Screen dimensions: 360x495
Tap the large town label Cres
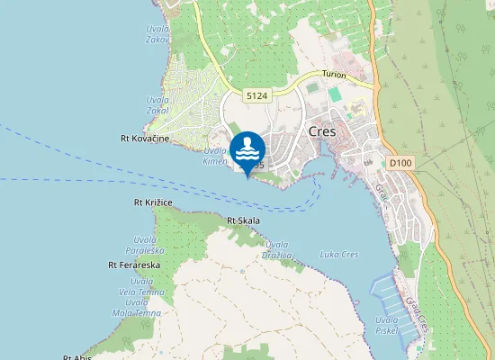(321, 130)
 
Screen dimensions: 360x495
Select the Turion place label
(334, 76)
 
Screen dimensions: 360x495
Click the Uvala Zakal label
(158, 106)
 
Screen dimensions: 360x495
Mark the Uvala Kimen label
(214, 156)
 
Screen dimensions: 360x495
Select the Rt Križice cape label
(153, 203)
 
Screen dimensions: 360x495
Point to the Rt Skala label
(243, 220)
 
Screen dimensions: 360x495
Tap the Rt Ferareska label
(134, 265)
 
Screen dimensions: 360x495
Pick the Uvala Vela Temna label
(143, 287)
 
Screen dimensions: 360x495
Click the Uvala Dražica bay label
(278, 249)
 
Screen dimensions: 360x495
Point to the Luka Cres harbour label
(339, 255)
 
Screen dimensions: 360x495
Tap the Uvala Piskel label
(387, 325)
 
